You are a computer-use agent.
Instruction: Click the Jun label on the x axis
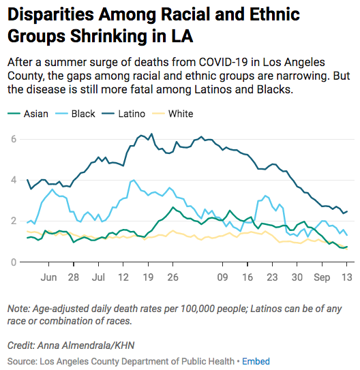48,278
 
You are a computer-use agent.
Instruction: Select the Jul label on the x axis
98,278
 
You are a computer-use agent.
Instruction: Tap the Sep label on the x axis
322,278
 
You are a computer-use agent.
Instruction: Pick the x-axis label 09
222,278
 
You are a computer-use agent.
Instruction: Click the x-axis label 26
172,278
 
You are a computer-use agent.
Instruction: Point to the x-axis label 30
297,278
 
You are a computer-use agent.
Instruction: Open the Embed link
257,361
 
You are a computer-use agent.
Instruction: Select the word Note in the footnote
18,309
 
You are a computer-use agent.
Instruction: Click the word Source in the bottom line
21,361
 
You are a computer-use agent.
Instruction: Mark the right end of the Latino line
347,211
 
